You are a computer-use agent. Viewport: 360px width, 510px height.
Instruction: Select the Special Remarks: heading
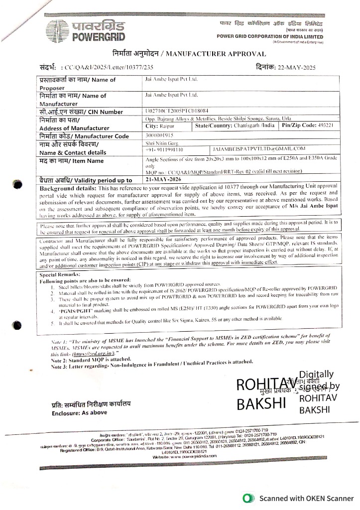[60, 274]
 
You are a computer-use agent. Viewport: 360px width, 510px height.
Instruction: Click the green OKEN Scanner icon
[245, 498]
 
